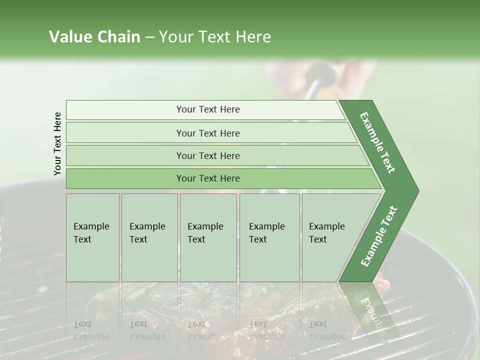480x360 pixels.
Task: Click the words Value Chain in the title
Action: pyautogui.click(x=94, y=37)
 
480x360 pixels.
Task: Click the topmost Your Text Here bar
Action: pyautogui.click(x=208, y=109)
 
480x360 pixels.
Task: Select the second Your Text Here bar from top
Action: pyautogui.click(x=208, y=133)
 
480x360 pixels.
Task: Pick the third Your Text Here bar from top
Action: pyautogui.click(x=208, y=155)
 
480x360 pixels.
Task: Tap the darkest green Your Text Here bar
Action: pyautogui.click(x=208, y=178)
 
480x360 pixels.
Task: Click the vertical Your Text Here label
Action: pyautogui.click(x=57, y=143)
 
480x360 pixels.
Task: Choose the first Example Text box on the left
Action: pyautogui.click(x=92, y=237)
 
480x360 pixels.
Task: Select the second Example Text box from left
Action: pyautogui.click(x=149, y=237)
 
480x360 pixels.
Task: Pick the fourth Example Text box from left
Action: pyautogui.click(x=269, y=237)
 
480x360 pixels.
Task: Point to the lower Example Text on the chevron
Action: pyautogui.click(x=379, y=236)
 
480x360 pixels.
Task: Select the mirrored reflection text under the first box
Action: pyautogui.click(x=91, y=330)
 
